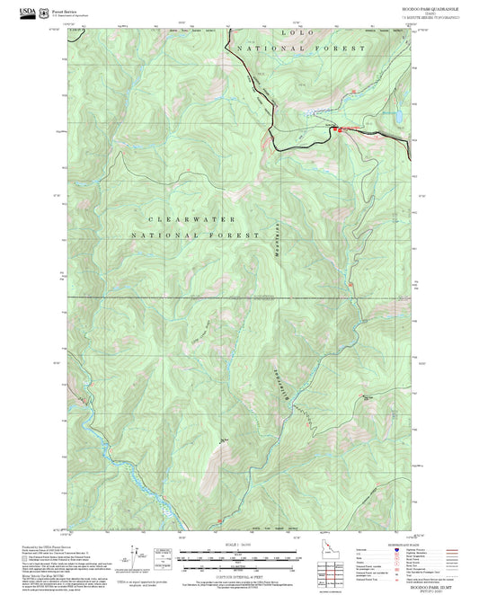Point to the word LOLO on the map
(x=296, y=31)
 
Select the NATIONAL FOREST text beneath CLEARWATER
(x=175, y=235)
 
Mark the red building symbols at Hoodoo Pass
(x=340, y=129)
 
